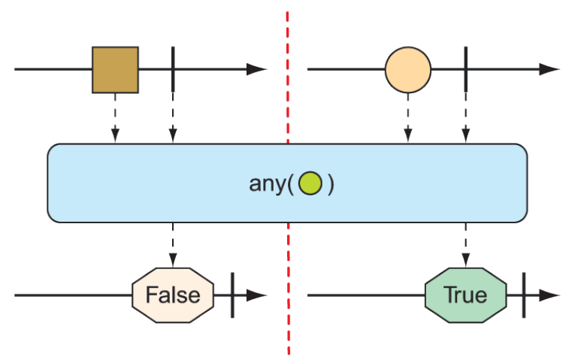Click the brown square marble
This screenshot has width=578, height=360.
pyautogui.click(x=115, y=70)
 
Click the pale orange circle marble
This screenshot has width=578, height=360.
pyautogui.click(x=407, y=70)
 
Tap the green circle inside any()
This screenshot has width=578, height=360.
pyautogui.click(x=310, y=184)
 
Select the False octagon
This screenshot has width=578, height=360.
pyautogui.click(x=173, y=294)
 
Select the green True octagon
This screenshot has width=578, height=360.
pyautogui.click(x=465, y=294)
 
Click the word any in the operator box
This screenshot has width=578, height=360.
pyautogui.click(x=268, y=184)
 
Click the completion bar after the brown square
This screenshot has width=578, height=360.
pyautogui.click(x=173, y=70)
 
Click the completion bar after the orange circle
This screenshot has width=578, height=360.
pyautogui.click(x=465, y=70)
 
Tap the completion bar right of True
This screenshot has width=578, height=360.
pyautogui.click(x=524, y=294)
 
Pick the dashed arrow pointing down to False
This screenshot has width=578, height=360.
pyautogui.click(x=173, y=244)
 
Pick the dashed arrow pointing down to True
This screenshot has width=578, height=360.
pyautogui.click(x=465, y=244)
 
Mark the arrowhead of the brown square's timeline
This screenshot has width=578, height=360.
pyautogui.click(x=258, y=70)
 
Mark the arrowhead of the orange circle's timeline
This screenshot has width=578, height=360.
pyautogui.click(x=550, y=70)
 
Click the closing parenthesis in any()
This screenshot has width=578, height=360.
pyautogui.click(x=329, y=184)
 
